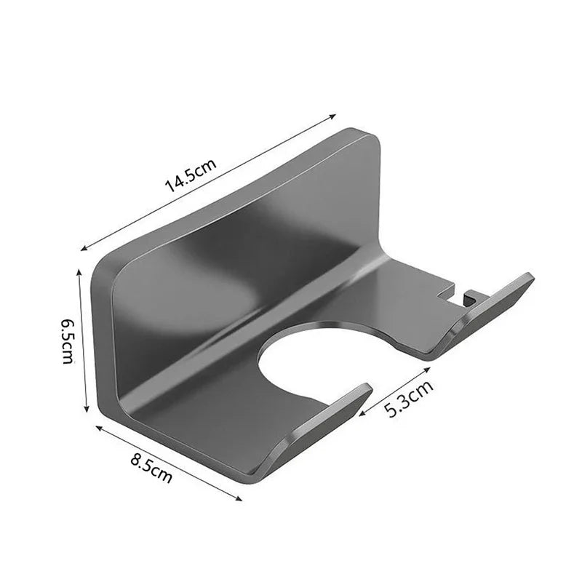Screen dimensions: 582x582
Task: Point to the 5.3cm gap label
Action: (x=409, y=397)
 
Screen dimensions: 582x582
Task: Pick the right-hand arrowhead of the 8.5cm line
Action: (x=240, y=496)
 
